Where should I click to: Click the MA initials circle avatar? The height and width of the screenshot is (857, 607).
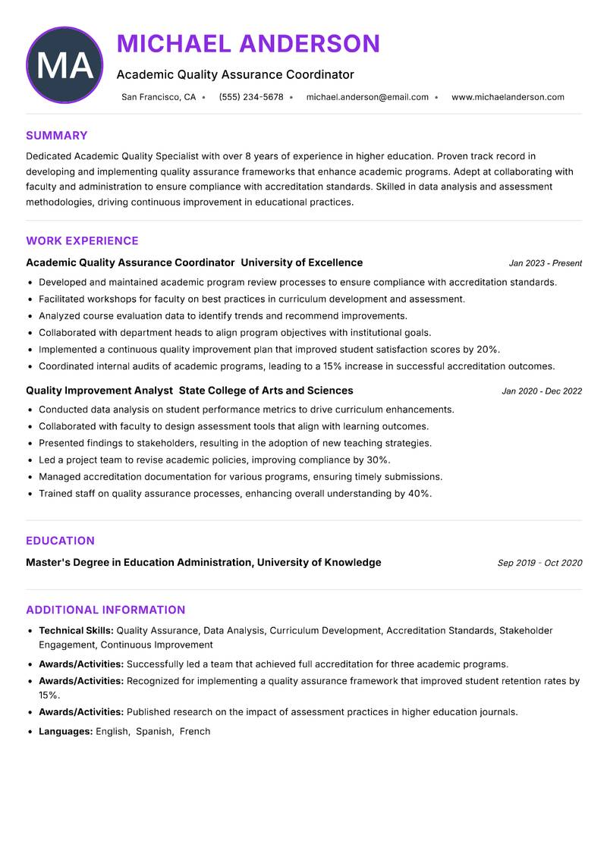pyautogui.click(x=64, y=65)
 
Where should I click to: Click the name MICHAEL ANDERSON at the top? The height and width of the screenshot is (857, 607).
pyautogui.click(x=248, y=44)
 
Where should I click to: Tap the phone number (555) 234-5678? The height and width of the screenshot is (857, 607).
pyautogui.click(x=250, y=97)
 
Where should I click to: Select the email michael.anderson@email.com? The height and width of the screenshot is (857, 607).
pyautogui.click(x=367, y=97)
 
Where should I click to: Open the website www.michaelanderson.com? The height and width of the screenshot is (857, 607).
pyautogui.click(x=508, y=97)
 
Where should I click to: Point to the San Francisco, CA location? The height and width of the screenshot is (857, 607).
pyautogui.click(x=159, y=97)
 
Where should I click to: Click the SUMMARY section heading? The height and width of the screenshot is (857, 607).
pyautogui.click(x=57, y=136)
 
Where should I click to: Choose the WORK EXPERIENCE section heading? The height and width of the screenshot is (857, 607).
pyautogui.click(x=82, y=241)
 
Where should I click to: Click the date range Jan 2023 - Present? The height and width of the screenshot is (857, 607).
pyautogui.click(x=545, y=263)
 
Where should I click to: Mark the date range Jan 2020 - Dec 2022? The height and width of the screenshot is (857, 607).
pyautogui.click(x=542, y=391)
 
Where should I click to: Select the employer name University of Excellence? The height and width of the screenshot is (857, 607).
pyautogui.click(x=301, y=262)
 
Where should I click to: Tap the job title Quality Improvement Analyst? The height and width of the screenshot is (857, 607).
pyautogui.click(x=99, y=391)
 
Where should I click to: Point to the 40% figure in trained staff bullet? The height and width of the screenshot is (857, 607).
pyautogui.click(x=419, y=494)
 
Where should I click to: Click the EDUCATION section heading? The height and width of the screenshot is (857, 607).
pyautogui.click(x=60, y=541)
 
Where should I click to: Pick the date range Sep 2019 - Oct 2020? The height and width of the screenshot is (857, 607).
pyautogui.click(x=539, y=563)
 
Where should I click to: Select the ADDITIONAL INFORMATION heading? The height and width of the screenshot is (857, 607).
pyautogui.click(x=105, y=610)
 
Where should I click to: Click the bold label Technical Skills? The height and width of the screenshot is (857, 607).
pyautogui.click(x=76, y=630)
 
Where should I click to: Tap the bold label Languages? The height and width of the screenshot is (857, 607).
pyautogui.click(x=65, y=731)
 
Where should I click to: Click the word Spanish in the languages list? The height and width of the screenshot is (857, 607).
pyautogui.click(x=153, y=731)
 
